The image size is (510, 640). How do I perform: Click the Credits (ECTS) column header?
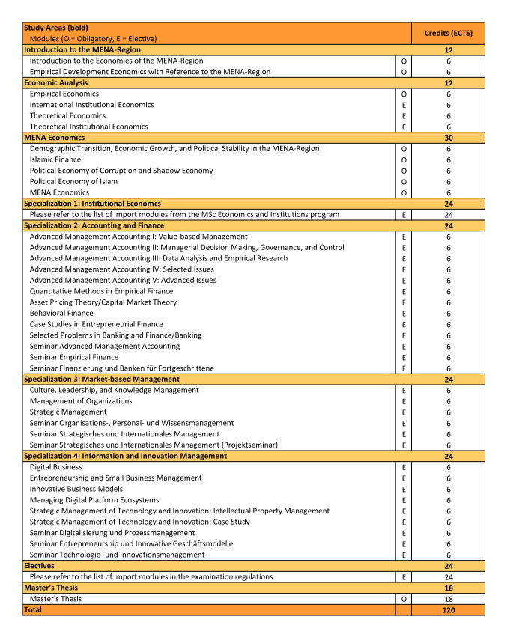pyautogui.click(x=448, y=33)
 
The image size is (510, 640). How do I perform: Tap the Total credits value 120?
pyautogui.click(x=448, y=610)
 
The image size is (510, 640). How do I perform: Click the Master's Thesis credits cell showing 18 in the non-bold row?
pyautogui.click(x=448, y=599)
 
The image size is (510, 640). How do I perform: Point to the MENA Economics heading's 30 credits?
pyautogui.click(x=448, y=138)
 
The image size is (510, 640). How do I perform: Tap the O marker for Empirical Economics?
pyautogui.click(x=404, y=94)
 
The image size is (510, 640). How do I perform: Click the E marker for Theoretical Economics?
pyautogui.click(x=404, y=116)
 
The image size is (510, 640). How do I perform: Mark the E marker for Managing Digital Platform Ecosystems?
pyautogui.click(x=404, y=500)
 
